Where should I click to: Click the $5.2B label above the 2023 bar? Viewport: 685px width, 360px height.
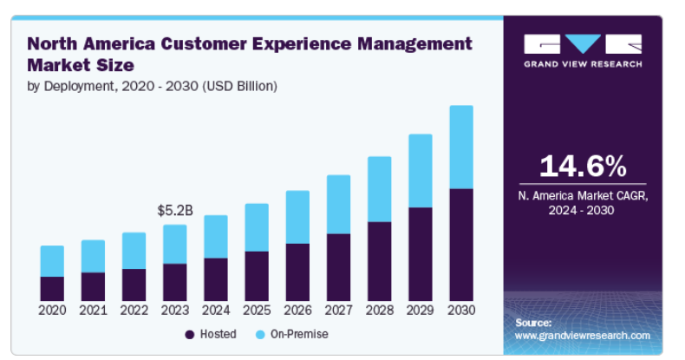(x=174, y=211)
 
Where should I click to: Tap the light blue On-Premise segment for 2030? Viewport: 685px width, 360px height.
(x=460, y=147)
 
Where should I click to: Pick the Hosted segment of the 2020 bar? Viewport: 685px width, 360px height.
(x=52, y=289)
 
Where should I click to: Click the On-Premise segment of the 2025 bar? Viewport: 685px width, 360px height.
(x=256, y=227)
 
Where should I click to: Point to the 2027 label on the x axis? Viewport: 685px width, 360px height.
(x=338, y=311)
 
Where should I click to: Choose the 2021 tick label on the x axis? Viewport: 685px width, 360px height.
(x=93, y=311)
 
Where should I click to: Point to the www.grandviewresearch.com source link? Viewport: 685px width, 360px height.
(x=582, y=335)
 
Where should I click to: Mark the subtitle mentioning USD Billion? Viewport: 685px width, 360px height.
(x=153, y=86)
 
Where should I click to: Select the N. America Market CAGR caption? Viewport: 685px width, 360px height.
(x=582, y=203)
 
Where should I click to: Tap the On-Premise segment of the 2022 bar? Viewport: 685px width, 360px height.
(x=134, y=251)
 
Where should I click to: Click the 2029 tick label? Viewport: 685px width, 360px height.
(x=420, y=311)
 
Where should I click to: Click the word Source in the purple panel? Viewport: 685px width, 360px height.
(x=532, y=323)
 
